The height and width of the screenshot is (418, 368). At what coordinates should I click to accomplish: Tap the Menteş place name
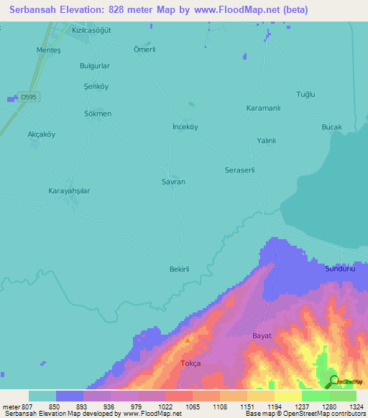point(49,50)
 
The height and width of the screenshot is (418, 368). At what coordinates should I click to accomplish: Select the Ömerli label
point(144,50)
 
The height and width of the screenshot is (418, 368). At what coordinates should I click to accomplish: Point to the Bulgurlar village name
point(94,65)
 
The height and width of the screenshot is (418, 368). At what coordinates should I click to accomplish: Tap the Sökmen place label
point(98,114)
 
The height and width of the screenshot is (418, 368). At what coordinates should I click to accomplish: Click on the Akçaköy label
point(41,135)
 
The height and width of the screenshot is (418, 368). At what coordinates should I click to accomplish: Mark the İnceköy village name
point(185,126)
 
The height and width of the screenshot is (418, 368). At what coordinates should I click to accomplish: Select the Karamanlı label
point(263,108)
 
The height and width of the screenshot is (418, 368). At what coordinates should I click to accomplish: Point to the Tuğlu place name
point(306,95)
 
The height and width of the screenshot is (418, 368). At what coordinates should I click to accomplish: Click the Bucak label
point(331,127)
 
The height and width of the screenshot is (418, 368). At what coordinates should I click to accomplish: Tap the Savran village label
point(173,182)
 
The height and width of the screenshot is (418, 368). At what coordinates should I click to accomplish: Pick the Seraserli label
point(240,170)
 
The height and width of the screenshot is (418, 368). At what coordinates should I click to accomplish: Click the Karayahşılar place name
point(68,191)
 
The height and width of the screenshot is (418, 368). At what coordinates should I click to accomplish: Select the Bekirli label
point(178,269)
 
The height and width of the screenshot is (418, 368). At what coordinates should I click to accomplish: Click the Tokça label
point(190,363)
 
